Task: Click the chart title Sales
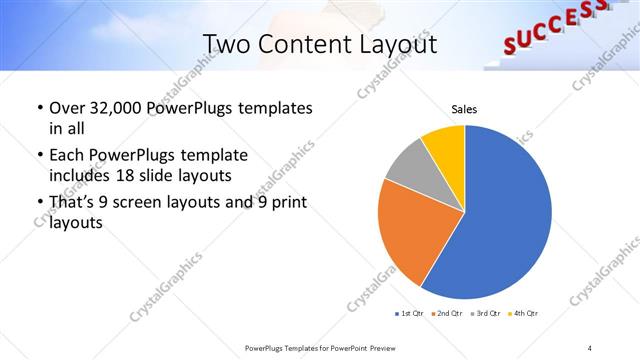point(464,108)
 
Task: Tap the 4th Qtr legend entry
point(523,314)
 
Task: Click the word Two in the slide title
point(225,44)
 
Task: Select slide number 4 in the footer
point(589,346)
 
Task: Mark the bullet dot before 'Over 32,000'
point(39,108)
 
